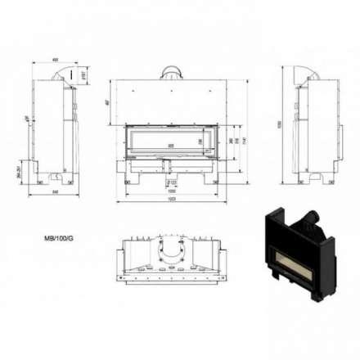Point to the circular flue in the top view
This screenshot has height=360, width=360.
172,247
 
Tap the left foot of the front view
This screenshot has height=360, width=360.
131,178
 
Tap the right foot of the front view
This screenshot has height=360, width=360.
211,178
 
